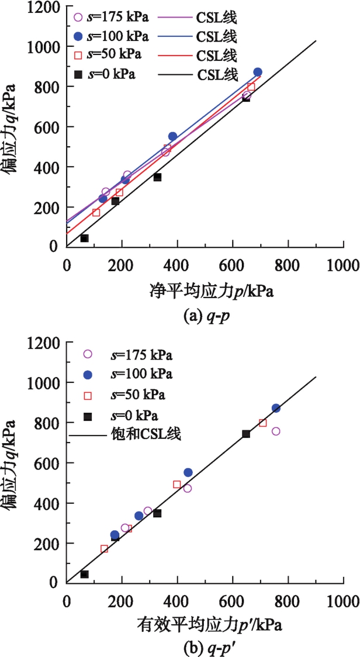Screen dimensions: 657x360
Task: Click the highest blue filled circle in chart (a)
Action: (x=258, y=72)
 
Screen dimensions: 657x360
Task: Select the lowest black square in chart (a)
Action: (x=85, y=238)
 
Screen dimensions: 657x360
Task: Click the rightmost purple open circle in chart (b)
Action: (x=276, y=431)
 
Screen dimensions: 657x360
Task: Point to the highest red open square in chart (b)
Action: (x=263, y=423)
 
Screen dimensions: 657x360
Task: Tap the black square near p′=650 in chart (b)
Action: (x=246, y=434)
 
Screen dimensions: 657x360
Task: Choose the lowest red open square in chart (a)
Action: (x=96, y=213)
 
